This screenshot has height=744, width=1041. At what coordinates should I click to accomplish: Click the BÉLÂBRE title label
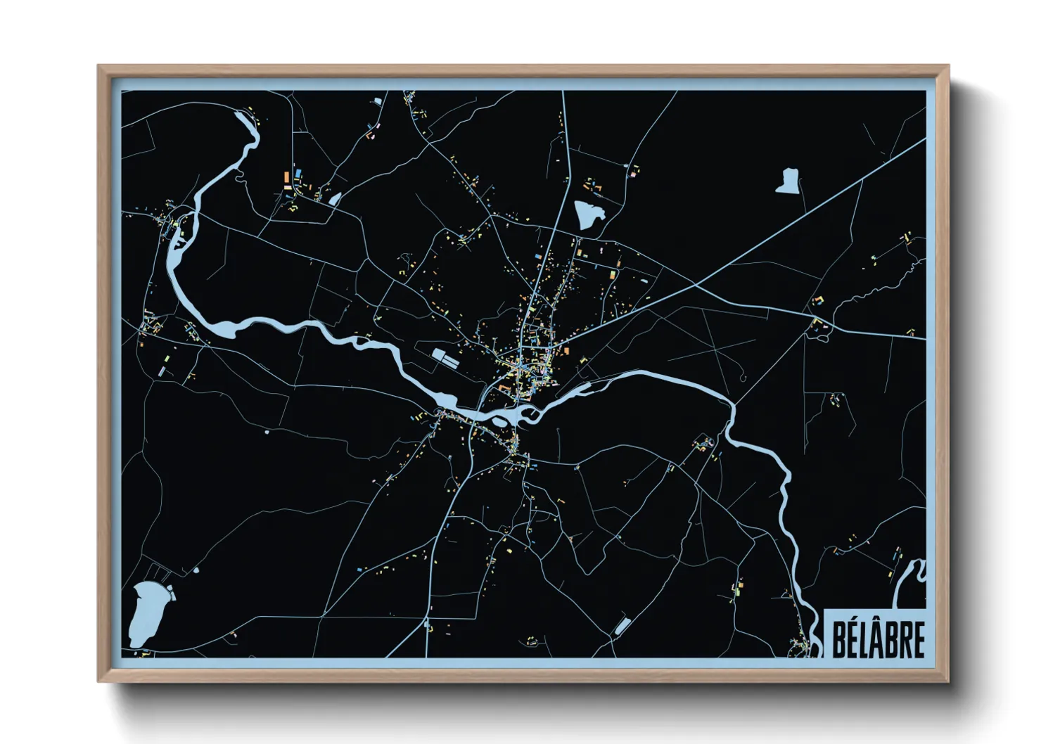pyautogui.click(x=878, y=639)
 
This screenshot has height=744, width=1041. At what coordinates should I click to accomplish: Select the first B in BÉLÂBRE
pyautogui.click(x=840, y=639)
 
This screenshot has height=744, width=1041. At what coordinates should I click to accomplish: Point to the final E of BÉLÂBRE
pyautogui.click(x=918, y=639)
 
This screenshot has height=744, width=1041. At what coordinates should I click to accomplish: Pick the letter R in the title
pyautogui.click(x=905, y=639)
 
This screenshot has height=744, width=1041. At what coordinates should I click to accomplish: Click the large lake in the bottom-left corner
pyautogui.click(x=146, y=613)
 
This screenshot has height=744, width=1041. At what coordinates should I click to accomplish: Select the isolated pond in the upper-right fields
pyautogui.click(x=788, y=181)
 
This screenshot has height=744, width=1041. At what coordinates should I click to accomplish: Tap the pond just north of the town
pyautogui.click(x=588, y=214)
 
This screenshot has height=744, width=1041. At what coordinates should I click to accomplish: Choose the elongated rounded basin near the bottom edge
pyautogui.click(x=622, y=625)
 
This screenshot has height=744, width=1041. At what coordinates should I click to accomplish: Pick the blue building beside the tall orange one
pyautogui.click(x=298, y=172)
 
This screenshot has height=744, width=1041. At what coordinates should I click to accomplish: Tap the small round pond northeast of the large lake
pyautogui.click(x=196, y=570)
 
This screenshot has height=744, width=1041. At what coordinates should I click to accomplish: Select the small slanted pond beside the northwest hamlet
pyautogui.click(x=335, y=199)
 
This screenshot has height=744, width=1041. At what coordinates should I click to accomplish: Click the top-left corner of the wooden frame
pyautogui.click(x=99, y=67)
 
